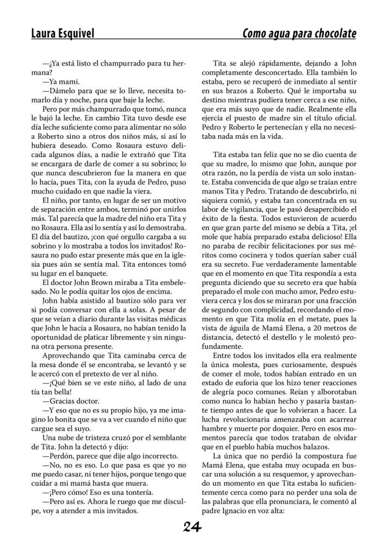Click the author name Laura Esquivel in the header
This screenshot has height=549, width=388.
click(62, 34)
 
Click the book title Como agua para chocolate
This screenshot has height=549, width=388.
click(299, 34)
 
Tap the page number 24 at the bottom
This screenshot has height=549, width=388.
click(193, 527)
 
